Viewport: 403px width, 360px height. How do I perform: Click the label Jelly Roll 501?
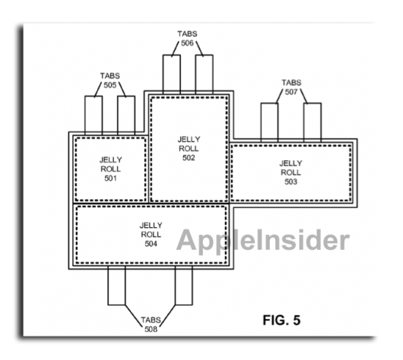pyautogui.click(x=110, y=169)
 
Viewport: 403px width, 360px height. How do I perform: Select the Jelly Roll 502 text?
pyautogui.click(x=189, y=148)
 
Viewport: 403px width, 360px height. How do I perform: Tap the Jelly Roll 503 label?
pyautogui.click(x=290, y=172)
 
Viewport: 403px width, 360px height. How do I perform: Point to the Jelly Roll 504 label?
pyautogui.click(x=151, y=234)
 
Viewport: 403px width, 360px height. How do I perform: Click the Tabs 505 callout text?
pyautogui.click(x=110, y=81)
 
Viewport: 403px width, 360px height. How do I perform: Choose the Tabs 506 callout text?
pyautogui.click(x=187, y=39)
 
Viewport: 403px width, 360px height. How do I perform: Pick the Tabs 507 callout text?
pyautogui.click(x=291, y=87)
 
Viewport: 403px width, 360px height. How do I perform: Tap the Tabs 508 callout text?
pyautogui.click(x=151, y=324)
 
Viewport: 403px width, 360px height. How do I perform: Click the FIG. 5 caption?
pyautogui.click(x=281, y=321)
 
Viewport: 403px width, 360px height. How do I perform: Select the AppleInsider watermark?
pyautogui.click(x=262, y=240)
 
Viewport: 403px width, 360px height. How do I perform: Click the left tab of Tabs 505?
pyautogui.click(x=94, y=115)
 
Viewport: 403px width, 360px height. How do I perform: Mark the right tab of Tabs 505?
pyautogui.click(x=126, y=115)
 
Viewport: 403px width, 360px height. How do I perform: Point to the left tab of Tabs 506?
pyautogui.click(x=172, y=74)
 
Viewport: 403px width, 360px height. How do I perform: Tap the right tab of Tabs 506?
pyautogui.click(x=204, y=74)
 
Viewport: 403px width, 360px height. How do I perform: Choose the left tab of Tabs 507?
pyautogui.click(x=269, y=122)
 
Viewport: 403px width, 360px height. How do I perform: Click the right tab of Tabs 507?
pyautogui.click(x=313, y=122)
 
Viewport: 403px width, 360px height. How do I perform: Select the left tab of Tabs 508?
pyautogui.click(x=116, y=286)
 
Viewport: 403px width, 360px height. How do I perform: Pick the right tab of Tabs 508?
pyautogui.click(x=184, y=286)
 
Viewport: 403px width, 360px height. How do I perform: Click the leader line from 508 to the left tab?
pyautogui.click(x=134, y=316)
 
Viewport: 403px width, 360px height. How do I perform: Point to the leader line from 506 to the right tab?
pyautogui.click(x=199, y=49)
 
